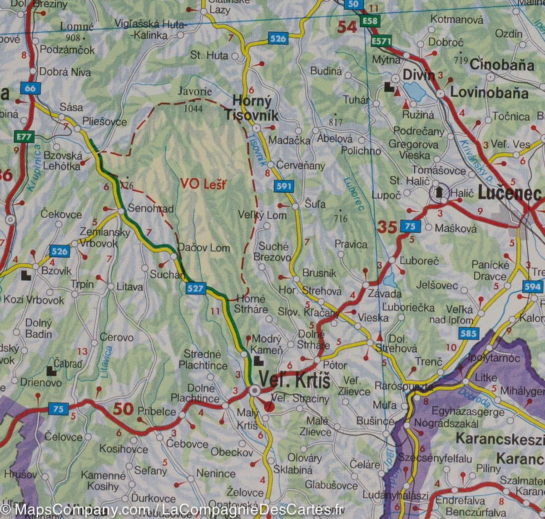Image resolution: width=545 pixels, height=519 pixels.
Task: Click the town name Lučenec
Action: pos(510,194)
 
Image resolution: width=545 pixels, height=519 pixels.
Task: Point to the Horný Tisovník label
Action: pos(252,108)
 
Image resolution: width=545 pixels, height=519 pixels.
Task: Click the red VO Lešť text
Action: pos(203,184)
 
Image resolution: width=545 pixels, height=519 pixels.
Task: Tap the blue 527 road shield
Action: pos(196,288)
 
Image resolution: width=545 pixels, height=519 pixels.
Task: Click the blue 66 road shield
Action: pos(30,88)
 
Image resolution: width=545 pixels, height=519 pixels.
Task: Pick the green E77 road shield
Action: pos(20,136)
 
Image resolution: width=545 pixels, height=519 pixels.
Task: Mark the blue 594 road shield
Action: pos(532,286)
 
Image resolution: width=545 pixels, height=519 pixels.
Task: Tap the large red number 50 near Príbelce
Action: pos(123,409)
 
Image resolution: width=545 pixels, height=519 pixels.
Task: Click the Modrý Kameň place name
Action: pos(267,344)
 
